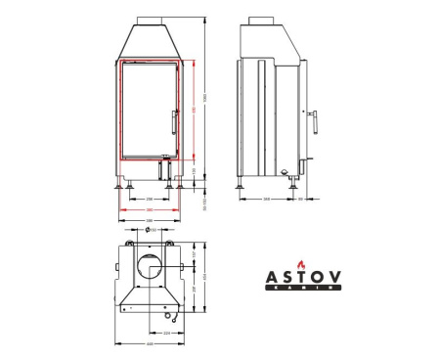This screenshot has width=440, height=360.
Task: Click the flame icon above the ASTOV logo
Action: tap(302, 264)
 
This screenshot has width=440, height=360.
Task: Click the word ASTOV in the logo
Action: tap(304, 278)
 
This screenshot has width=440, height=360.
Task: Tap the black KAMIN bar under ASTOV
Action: tap(304, 289)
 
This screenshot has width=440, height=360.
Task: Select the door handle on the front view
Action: tap(173, 124)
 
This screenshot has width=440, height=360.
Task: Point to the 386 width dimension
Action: tap(149, 221)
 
